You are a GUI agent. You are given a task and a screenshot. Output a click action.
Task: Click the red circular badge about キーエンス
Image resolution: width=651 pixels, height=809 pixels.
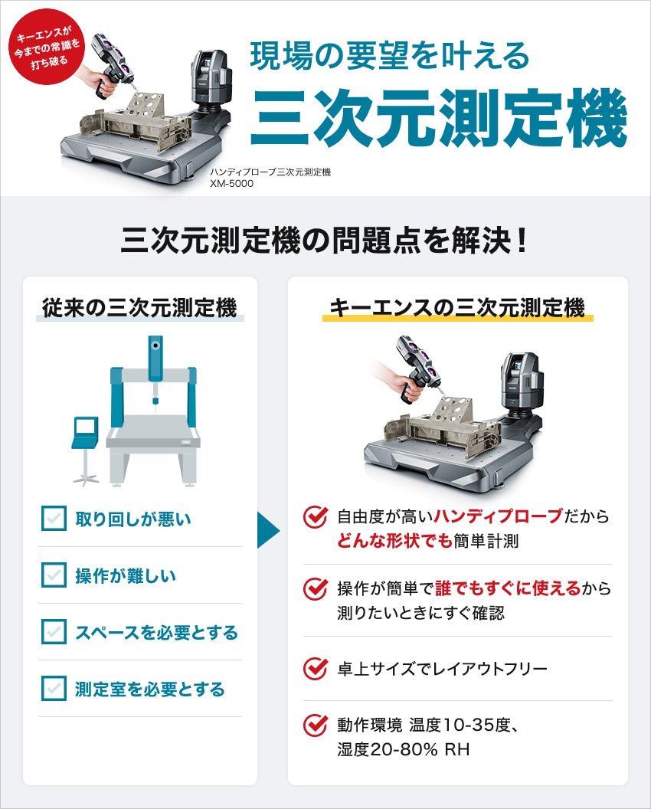[47, 47]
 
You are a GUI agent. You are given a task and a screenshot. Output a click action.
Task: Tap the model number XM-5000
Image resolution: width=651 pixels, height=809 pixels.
[231, 184]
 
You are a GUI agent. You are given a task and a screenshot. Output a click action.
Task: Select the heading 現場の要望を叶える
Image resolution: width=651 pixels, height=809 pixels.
[390, 56]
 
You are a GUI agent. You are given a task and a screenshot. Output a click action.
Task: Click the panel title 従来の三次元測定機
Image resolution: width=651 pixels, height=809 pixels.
[139, 307]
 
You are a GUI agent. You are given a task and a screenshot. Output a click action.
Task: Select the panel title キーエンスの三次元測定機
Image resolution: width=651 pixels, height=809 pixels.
[457, 307]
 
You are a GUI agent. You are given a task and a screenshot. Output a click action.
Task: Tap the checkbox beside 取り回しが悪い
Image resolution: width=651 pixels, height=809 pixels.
[54, 519]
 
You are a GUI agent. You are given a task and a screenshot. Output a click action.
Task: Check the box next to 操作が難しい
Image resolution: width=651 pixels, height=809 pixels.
[54, 575]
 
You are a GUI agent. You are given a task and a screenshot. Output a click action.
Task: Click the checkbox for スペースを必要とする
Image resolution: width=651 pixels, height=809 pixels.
[54, 631]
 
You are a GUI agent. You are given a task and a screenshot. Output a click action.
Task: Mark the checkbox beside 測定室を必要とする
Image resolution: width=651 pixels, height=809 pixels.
[54, 688]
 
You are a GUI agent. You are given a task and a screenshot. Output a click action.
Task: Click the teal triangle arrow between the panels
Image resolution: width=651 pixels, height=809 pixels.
[268, 530]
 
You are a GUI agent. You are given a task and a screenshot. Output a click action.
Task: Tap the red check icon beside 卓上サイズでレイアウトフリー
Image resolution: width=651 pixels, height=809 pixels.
[316, 669]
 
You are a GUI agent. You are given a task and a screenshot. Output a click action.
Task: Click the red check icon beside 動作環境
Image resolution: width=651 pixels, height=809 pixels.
[316, 725]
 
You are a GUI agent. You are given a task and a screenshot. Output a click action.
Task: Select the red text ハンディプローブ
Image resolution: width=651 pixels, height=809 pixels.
[498, 516]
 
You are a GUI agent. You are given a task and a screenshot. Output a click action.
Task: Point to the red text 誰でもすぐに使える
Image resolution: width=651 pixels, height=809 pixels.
[508, 588]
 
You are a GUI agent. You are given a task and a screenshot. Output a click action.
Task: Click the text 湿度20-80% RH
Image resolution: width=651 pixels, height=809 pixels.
[404, 749]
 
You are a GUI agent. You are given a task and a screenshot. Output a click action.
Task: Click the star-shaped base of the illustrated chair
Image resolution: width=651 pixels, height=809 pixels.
[86, 479]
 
